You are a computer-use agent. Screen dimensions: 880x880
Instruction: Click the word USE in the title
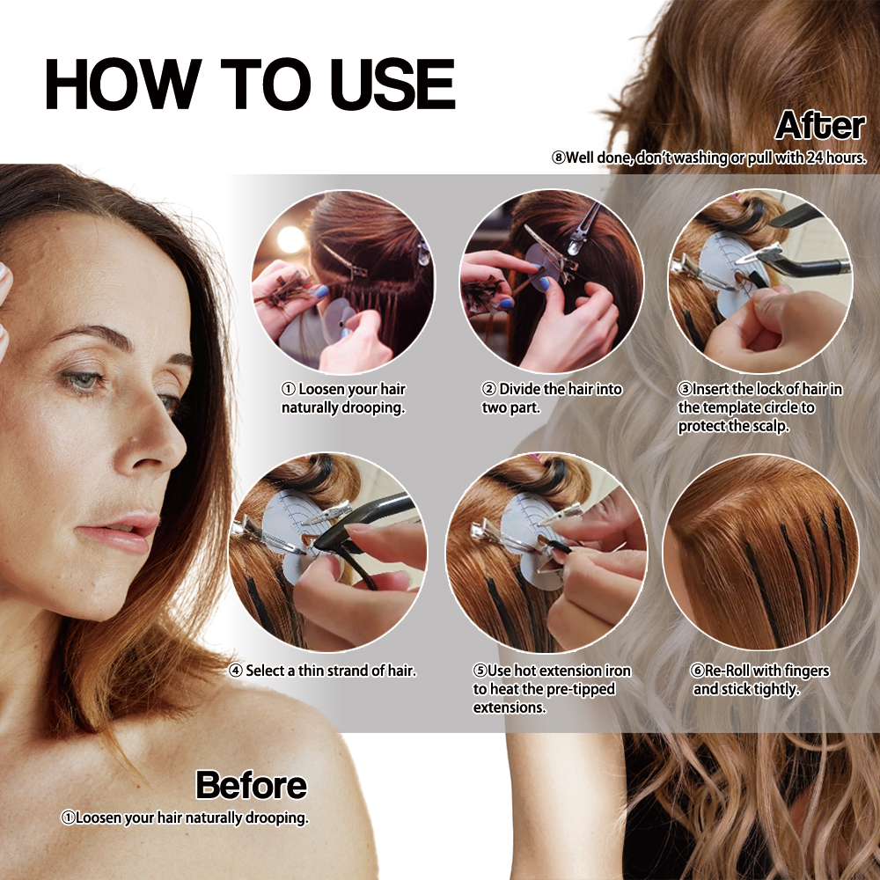392,84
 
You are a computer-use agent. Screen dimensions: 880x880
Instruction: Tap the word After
820,125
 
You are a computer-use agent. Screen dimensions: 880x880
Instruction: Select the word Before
252,785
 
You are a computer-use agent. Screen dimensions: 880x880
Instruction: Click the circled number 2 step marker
488,389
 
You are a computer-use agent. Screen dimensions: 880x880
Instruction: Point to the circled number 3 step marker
685,389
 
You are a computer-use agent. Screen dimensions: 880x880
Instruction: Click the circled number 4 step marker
236,671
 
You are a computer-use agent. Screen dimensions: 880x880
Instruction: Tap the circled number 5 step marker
480,671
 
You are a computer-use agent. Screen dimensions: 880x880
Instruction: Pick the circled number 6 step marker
697,671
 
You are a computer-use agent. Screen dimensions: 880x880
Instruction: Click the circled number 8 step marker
559,158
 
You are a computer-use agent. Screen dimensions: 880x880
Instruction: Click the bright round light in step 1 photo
291,239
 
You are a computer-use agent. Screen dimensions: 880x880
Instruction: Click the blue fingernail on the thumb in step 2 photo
544,283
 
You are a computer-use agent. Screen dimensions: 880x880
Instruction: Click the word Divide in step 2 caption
520,389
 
